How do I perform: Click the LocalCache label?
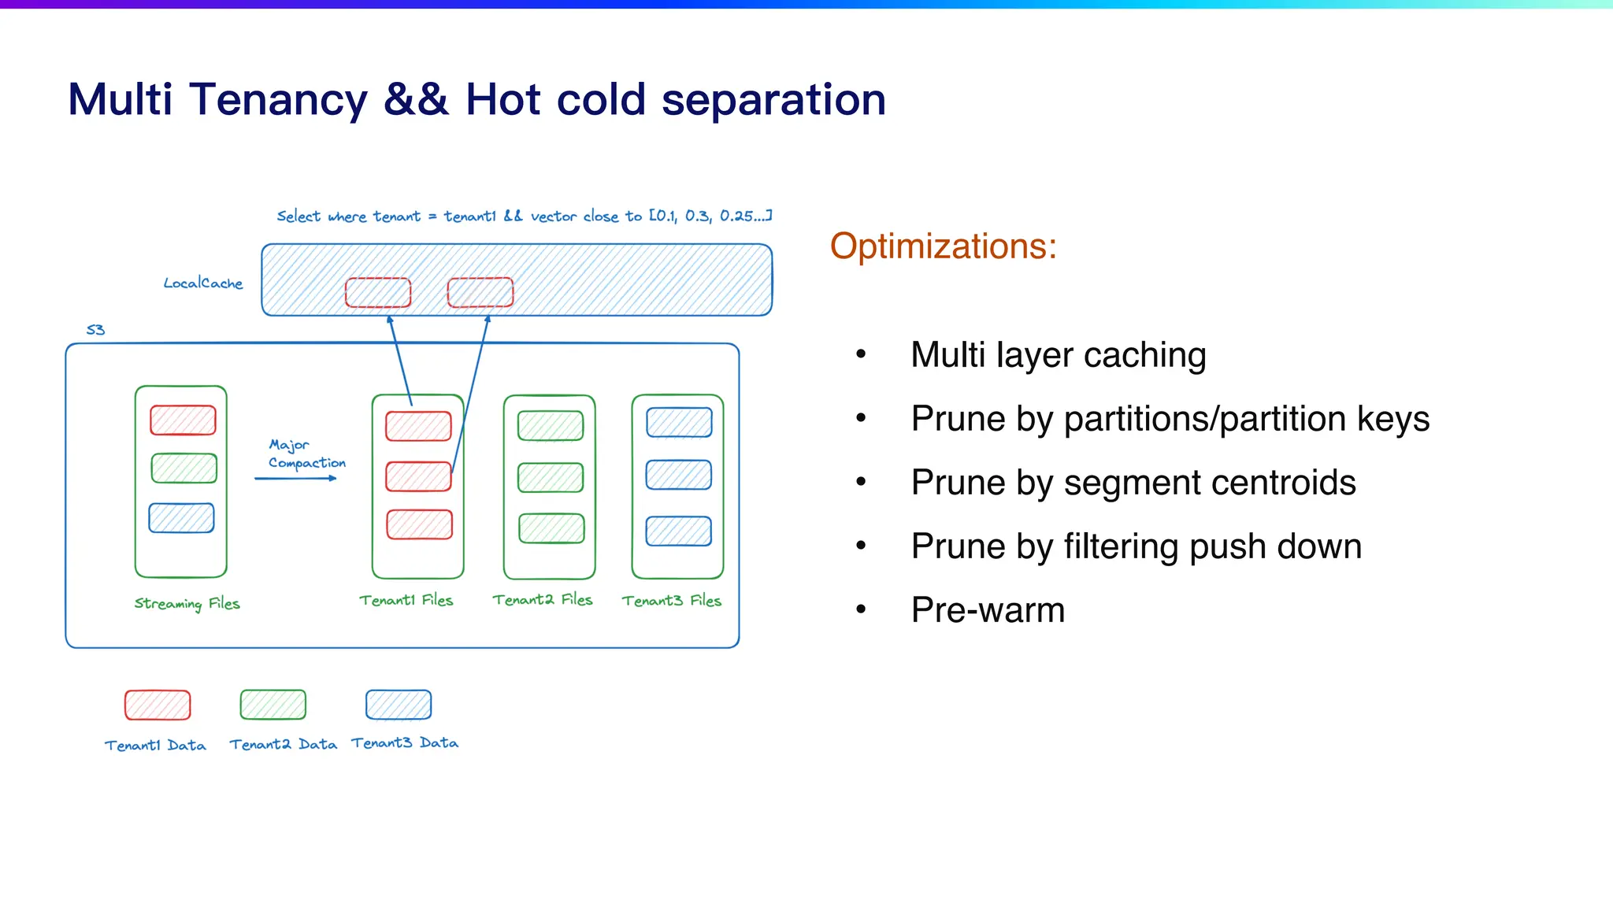pos(203,283)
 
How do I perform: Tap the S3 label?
pos(95,330)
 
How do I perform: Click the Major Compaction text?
pos(306,454)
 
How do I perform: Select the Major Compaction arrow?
pos(295,478)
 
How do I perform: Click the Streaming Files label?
pos(187,604)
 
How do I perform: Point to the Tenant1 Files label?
pos(406,601)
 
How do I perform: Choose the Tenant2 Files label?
pos(542,600)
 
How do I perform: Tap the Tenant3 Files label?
pos(671,601)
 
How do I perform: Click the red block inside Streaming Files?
pos(183,420)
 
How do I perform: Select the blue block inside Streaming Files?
pos(182,518)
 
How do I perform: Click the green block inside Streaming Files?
pos(184,468)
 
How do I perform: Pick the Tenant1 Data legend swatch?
pos(158,705)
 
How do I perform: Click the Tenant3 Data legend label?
pos(405,743)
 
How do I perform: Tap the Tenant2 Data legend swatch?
pos(273,705)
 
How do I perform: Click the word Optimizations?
pos(943,246)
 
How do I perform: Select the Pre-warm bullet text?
pos(988,610)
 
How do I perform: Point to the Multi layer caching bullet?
pos(1058,355)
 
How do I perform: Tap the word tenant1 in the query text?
pos(469,217)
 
